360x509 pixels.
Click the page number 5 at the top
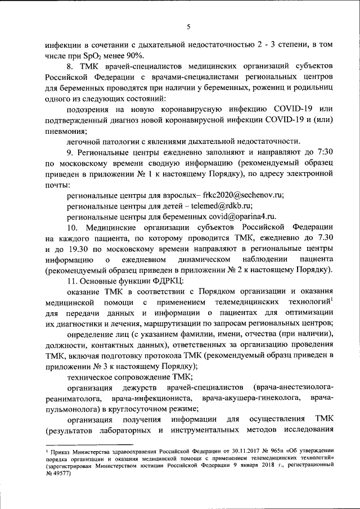(x=189, y=26)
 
